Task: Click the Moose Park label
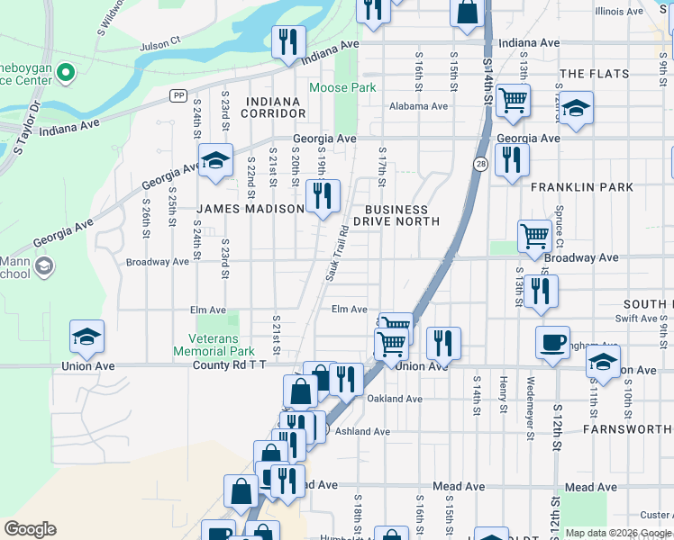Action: point(342,88)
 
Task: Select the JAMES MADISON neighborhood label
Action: point(250,209)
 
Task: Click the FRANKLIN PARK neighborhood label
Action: point(581,187)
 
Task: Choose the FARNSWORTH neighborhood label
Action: point(627,429)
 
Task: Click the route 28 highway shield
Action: point(481,164)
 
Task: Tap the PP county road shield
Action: point(178,94)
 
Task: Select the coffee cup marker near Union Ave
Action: point(552,342)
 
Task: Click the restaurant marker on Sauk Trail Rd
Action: point(323,195)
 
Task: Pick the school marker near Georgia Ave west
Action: point(215,159)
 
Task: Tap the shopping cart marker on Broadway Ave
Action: point(534,236)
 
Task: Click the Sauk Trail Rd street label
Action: point(337,252)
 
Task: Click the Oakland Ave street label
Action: point(395,399)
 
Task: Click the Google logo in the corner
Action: point(30,528)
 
